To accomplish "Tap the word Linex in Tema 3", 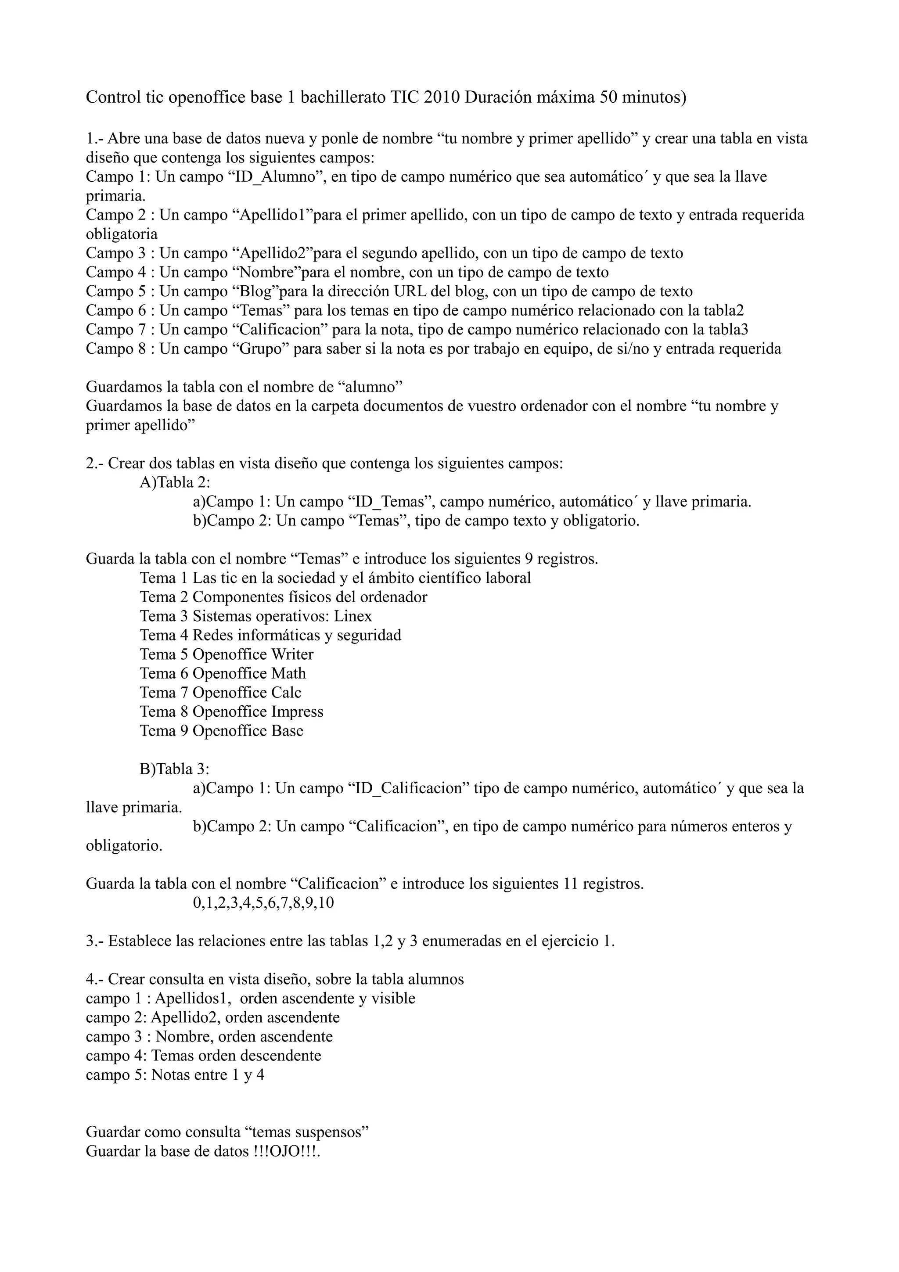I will coord(353,616).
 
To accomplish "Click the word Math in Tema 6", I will coord(288,674).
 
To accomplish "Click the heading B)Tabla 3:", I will coord(174,769).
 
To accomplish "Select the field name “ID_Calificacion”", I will coord(409,788).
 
